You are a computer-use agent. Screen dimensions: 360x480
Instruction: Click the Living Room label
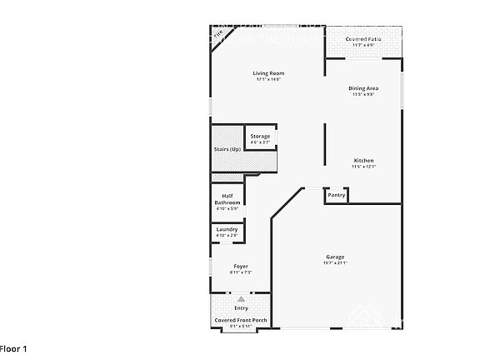[268, 73]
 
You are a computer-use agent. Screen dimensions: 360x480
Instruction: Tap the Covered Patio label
[364, 39]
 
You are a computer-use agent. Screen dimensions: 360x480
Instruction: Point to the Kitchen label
[363, 160]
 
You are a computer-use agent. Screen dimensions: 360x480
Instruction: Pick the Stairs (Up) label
[227, 149]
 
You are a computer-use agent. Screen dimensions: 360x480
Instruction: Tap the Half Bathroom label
[227, 199]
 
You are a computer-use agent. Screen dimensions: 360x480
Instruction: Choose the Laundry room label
[227, 229]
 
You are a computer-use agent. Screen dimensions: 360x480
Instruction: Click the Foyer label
[240, 266]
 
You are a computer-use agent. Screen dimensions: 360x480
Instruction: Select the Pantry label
[336, 195]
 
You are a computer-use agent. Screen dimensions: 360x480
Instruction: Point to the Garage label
[335, 256]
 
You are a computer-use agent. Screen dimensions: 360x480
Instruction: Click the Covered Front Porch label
[241, 320]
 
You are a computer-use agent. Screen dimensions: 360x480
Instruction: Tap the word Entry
[241, 307]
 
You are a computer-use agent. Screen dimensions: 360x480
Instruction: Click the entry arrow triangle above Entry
[241, 297]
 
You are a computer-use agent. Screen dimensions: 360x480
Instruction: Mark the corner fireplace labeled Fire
[219, 36]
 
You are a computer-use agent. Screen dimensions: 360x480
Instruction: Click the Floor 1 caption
[13, 347]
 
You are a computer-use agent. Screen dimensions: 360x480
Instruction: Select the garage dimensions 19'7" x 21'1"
[335, 262]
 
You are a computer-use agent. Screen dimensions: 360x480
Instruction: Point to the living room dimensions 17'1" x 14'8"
[268, 79]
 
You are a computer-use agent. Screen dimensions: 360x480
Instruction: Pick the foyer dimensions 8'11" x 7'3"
[240, 272]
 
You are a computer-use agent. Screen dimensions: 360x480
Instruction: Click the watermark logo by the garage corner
[363, 317]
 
